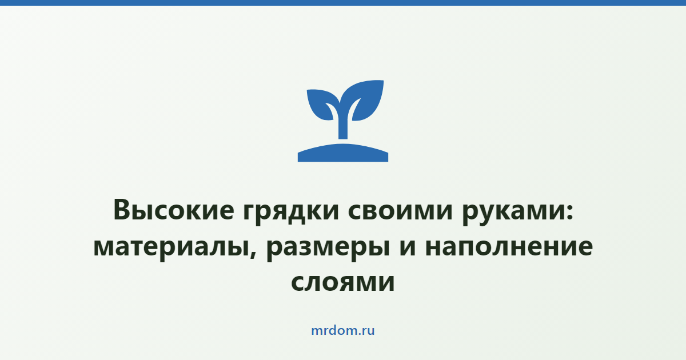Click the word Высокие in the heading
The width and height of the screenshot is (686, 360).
point(174,210)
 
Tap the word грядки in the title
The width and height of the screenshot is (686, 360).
point(291,213)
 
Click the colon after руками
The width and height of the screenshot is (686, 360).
point(569,212)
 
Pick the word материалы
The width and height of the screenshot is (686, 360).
point(171,247)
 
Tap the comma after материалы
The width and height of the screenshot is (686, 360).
point(253,254)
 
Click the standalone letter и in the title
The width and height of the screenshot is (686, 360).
point(408,247)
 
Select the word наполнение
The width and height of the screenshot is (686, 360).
point(509,247)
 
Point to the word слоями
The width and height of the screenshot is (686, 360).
point(342,282)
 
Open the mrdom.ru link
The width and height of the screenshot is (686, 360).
point(343,331)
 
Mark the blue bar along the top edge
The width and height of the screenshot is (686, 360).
point(343,3)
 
